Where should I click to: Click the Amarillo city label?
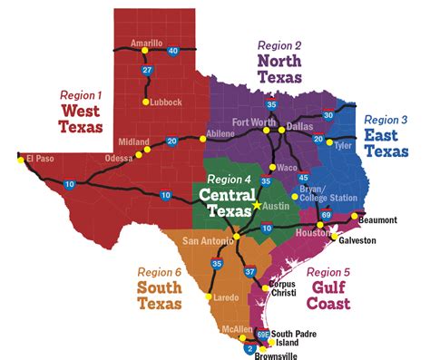[x=146, y=43]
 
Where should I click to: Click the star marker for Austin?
[x=257, y=206]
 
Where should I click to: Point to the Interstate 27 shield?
[x=147, y=69]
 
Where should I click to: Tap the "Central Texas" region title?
[x=227, y=203]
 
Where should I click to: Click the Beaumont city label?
[x=378, y=220]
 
